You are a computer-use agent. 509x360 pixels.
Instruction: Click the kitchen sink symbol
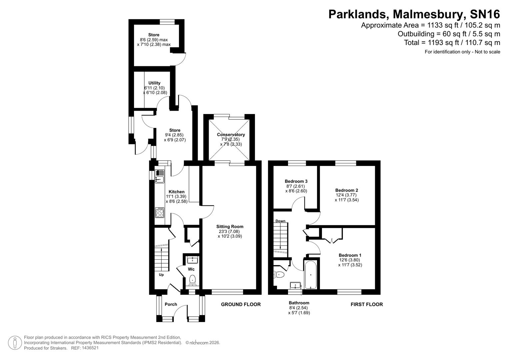pos(160,176)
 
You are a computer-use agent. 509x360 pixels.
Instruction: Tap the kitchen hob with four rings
pos(160,213)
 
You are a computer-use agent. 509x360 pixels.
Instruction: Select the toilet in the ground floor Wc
pos(192,280)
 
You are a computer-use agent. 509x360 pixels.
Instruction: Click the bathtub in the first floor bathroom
pos(311,275)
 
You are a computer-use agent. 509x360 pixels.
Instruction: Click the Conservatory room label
pos(231,135)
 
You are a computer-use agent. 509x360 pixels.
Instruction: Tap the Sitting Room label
pos(230,227)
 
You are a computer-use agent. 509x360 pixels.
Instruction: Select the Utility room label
pos(154,83)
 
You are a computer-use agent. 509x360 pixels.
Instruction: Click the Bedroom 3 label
pos(296,181)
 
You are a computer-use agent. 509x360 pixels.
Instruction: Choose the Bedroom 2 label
pos(347,190)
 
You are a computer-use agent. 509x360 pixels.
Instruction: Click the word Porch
pos(171,304)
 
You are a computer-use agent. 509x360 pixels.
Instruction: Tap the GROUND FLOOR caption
pos(241,304)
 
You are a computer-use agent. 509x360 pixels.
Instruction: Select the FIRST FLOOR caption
pos(367,304)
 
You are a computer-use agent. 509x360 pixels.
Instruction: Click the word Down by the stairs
pos(280,221)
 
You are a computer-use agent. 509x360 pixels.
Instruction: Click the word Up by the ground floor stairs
pos(161,275)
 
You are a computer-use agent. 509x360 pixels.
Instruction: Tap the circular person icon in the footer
pos(15,343)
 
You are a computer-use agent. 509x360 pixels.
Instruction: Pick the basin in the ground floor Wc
pos(192,260)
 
